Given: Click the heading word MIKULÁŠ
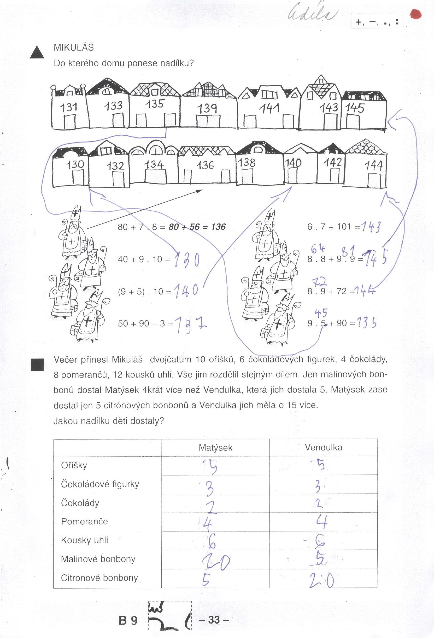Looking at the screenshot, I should (x=74, y=48).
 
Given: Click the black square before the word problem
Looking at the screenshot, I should (x=37, y=365).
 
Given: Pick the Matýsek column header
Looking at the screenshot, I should (x=215, y=448).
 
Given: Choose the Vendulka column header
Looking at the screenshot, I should (x=323, y=447).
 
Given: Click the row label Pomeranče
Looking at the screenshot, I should (x=84, y=521).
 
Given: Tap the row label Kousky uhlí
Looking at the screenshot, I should (x=84, y=540).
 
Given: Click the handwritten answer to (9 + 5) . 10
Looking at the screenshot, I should (x=186, y=290).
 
